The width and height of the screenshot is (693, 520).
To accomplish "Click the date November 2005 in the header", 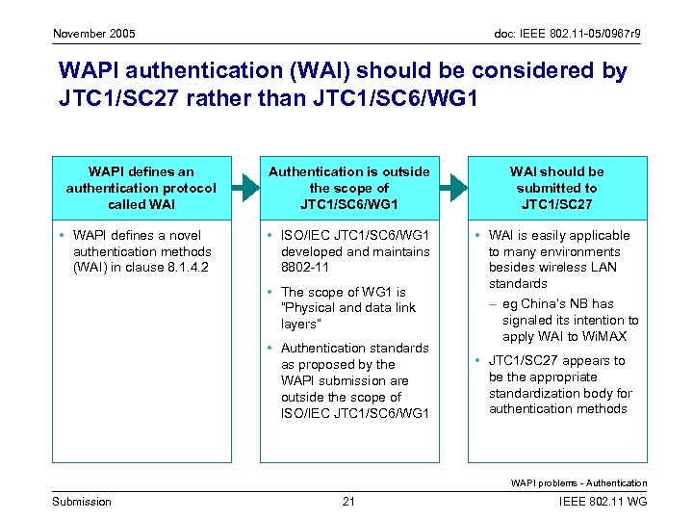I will pos(93,35).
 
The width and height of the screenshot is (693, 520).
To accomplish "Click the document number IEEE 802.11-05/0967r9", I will pos(561,35).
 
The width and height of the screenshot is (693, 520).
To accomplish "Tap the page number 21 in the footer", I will pos(348,501).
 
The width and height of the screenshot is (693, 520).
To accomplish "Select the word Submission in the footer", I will pos(81,501).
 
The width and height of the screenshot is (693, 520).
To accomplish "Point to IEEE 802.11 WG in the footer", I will pos(603,501).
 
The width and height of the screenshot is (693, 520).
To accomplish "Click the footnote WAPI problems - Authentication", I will pos(578,482).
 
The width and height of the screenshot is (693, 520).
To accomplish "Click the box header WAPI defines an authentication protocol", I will pos(141,188).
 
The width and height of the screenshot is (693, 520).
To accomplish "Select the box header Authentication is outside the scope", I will pos(348,188).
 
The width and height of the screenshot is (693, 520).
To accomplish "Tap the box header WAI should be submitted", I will pos(556,188).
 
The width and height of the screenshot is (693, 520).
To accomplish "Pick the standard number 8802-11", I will pos(304,268).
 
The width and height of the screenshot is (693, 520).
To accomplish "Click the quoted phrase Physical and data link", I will pos(339,308).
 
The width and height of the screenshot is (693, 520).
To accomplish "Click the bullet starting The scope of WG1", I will pos(344,308).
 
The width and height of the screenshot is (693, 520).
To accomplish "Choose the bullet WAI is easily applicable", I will pos(559,259).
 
